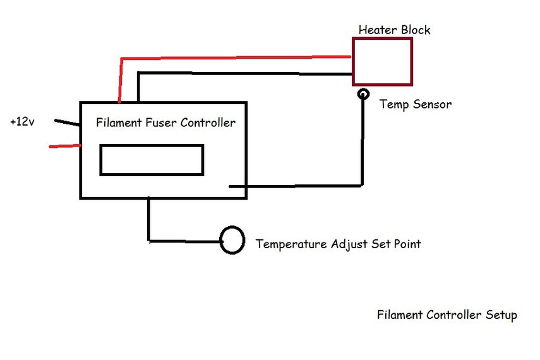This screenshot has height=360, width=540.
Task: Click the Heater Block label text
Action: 395,30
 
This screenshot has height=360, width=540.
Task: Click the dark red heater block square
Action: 382,61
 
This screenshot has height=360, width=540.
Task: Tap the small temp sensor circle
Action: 363,94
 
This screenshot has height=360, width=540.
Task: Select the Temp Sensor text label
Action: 415,104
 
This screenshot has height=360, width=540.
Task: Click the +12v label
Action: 22,121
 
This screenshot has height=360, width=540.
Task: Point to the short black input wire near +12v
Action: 67,123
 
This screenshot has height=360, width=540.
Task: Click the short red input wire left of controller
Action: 65,147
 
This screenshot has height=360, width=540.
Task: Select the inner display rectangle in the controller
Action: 152,160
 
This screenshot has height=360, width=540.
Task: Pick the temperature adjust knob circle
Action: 232,240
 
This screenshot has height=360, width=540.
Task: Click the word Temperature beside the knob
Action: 291,244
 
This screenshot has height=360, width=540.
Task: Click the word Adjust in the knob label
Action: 348,244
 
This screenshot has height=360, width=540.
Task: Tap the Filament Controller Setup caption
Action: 447,315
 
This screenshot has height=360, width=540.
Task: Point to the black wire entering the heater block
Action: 246,73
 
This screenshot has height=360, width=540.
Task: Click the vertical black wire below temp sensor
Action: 363,145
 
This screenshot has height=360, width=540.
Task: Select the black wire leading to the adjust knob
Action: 183,240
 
